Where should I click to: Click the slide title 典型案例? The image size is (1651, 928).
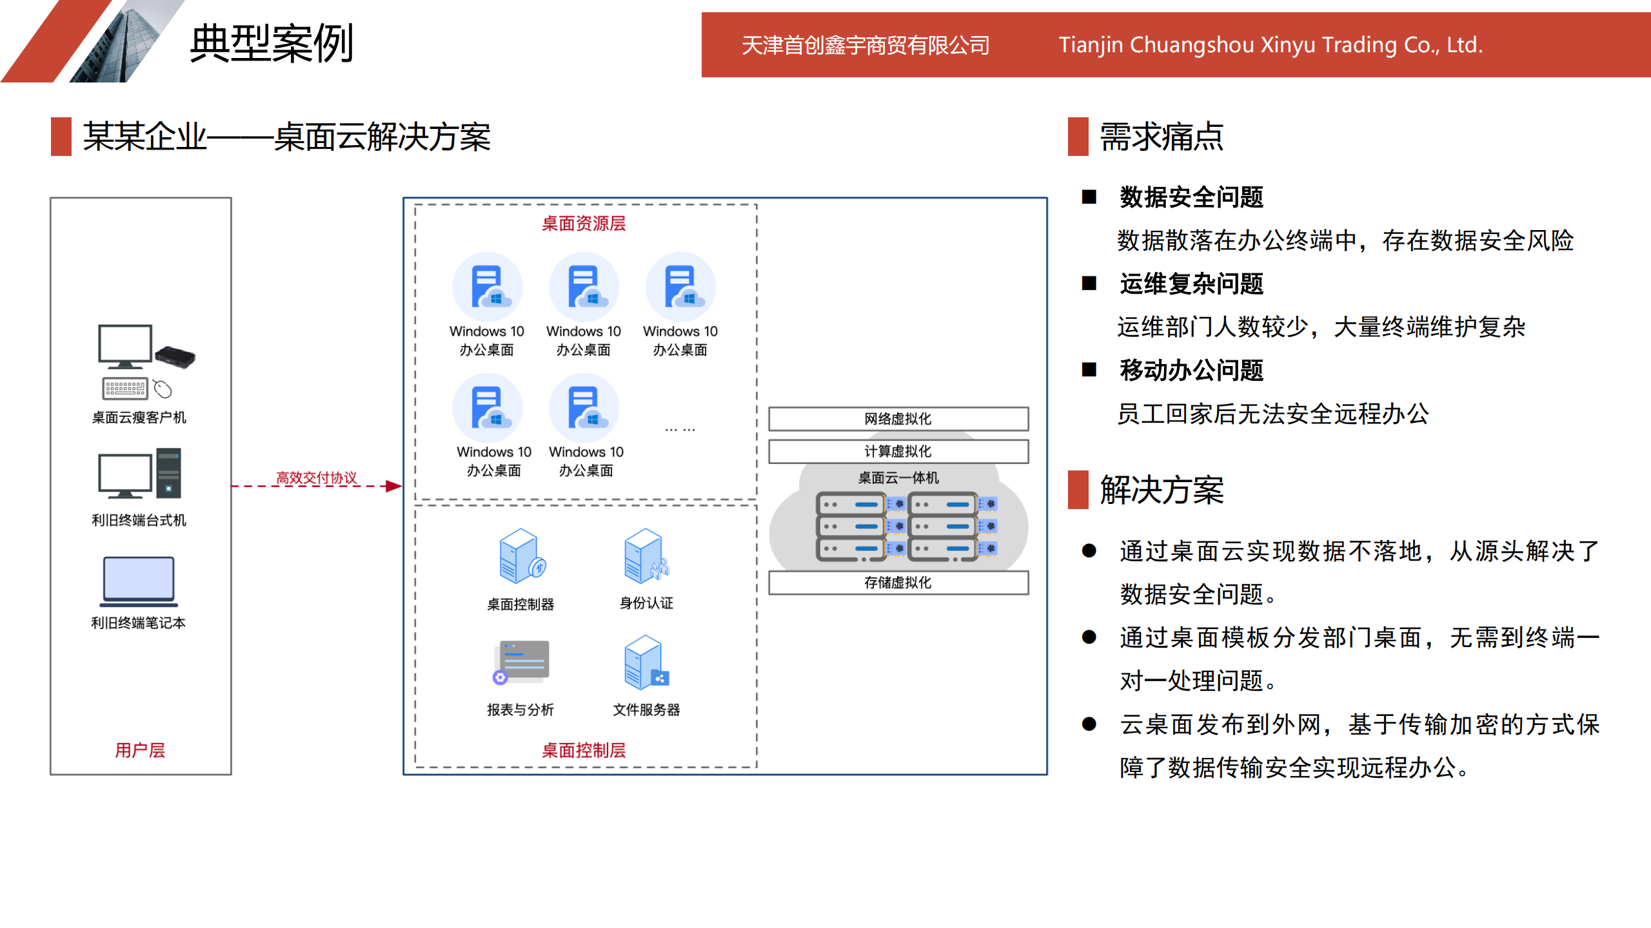point(272,44)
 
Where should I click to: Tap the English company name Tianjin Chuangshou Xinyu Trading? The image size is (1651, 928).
point(1270,45)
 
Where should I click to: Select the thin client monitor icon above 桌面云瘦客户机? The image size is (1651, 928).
point(125,346)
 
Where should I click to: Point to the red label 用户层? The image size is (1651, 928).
point(140,750)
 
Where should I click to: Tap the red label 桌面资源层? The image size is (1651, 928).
point(584,224)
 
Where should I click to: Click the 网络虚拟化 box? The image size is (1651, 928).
point(898,419)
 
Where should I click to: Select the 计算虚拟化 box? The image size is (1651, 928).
point(898,451)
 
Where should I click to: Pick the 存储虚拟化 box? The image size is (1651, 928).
point(898,583)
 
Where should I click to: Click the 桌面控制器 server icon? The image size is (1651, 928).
point(521,556)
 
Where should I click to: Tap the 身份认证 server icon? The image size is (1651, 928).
point(646,556)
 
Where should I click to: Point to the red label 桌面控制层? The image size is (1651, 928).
point(584,750)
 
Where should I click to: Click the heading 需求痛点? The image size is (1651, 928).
point(1162,137)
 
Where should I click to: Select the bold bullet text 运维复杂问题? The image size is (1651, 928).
point(1191,284)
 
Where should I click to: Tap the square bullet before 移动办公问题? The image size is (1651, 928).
point(1089,370)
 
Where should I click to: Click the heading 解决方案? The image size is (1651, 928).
point(1162,490)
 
